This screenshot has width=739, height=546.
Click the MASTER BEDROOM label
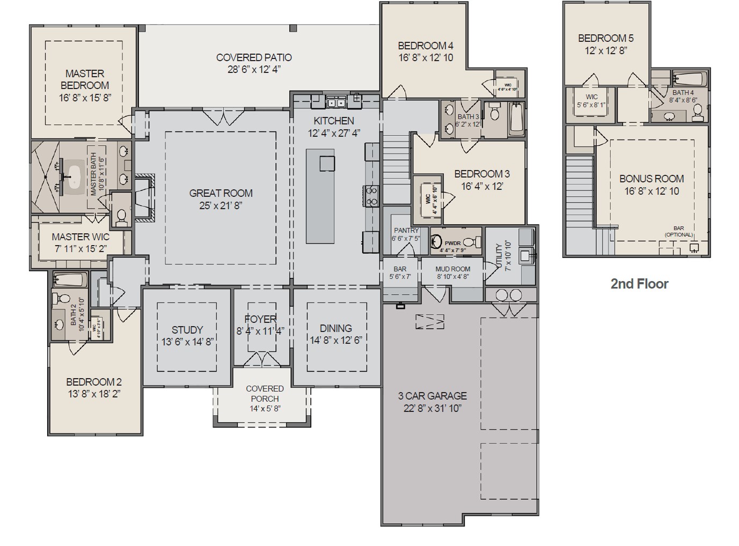(x=84, y=79)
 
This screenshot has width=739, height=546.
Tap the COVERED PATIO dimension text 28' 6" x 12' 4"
(x=254, y=69)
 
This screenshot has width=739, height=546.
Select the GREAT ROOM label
(x=221, y=193)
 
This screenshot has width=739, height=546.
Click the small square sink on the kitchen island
(x=327, y=163)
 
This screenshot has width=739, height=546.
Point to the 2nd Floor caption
(x=639, y=284)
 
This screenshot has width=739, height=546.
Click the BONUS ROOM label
(x=652, y=179)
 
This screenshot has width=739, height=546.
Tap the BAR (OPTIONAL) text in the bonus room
(x=678, y=232)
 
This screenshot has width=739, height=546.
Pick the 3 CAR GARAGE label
(x=432, y=396)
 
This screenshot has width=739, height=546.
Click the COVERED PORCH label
(x=265, y=393)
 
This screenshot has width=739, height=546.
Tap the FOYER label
(x=260, y=319)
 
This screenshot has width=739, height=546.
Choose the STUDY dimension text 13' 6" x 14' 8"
(x=187, y=342)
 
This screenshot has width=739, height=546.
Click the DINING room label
(x=336, y=328)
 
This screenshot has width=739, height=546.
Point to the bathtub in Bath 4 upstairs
(x=689, y=79)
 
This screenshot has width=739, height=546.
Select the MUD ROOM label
(x=452, y=269)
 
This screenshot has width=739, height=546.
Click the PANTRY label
(x=406, y=231)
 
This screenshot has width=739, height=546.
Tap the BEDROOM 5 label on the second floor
(x=605, y=38)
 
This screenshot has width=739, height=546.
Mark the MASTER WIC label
(x=81, y=237)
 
